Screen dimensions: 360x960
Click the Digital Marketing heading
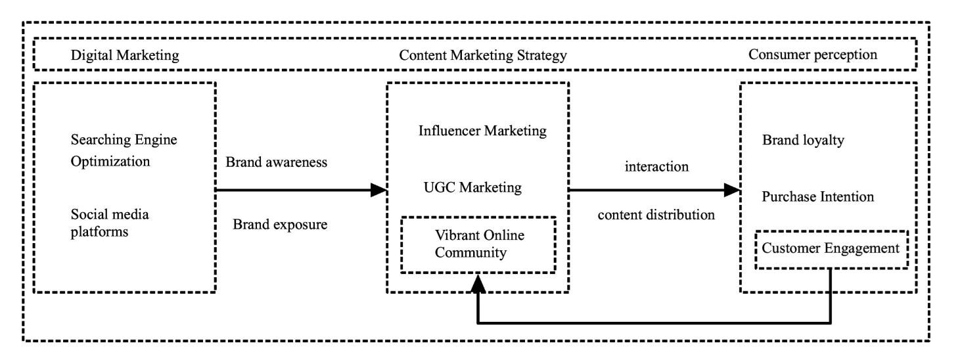click(x=125, y=56)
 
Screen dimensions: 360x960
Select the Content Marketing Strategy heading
click(x=483, y=56)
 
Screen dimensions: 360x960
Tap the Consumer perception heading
click(x=813, y=55)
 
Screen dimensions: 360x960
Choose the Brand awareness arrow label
click(x=276, y=163)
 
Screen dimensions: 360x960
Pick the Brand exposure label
click(x=281, y=224)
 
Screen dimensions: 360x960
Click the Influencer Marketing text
click(x=482, y=131)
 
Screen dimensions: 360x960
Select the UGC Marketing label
click(x=473, y=188)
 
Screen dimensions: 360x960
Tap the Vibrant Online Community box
click(x=478, y=244)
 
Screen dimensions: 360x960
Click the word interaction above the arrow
click(x=656, y=167)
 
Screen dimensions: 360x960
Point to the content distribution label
click(x=656, y=215)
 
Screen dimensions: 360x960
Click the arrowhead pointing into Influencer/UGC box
click(x=379, y=191)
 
